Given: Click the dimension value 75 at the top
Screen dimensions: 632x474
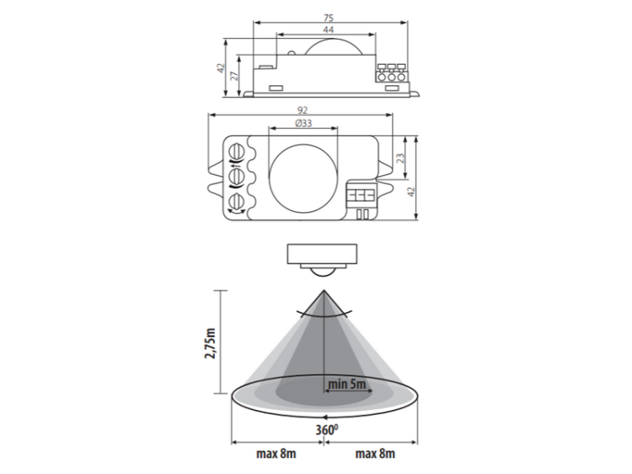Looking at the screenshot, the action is tap(329, 18).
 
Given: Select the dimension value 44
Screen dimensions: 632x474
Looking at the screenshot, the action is tap(328, 30).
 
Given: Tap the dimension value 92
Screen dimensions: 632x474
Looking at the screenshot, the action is tap(303, 110).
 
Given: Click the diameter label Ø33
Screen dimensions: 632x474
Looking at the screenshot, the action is tap(303, 123).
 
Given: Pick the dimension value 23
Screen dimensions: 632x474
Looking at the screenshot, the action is tap(399, 158).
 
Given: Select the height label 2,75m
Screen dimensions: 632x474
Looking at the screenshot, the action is tap(211, 343).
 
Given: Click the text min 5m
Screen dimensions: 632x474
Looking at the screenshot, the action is tap(347, 384).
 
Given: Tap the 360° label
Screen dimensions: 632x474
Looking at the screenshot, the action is tap(326, 430).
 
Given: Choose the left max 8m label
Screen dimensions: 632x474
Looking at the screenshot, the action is tap(276, 454).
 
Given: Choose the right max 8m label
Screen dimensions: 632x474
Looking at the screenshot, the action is tap(375, 454).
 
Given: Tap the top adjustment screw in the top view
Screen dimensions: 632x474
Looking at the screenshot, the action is tap(236, 153).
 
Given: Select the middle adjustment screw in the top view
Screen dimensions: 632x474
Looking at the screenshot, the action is tap(236, 176).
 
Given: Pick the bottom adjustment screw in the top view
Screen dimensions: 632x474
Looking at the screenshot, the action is tap(236, 202).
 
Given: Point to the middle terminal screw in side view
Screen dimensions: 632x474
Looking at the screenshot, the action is tap(391, 77).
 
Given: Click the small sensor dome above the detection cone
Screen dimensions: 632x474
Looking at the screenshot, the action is tap(322, 272).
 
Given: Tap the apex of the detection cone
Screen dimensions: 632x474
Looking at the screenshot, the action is tap(324, 290).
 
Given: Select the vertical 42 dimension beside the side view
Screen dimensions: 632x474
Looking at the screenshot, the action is tap(221, 67).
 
